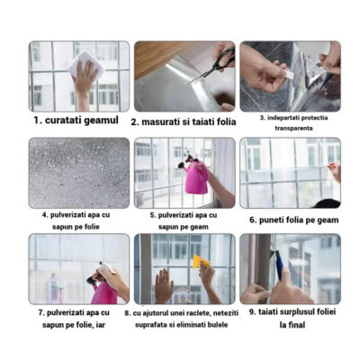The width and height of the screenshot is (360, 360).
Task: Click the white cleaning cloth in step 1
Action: pos(87,64)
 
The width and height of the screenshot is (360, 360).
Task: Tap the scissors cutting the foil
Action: pos(217,64)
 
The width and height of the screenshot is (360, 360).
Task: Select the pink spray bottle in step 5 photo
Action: pos(197,177)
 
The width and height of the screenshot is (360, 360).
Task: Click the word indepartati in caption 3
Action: pos(279,116)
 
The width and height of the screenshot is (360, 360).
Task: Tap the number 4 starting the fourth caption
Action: pos(43,215)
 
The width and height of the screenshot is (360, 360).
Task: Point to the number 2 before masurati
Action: pos(134,121)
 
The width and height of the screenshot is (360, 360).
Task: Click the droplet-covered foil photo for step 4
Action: pos(78,172)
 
